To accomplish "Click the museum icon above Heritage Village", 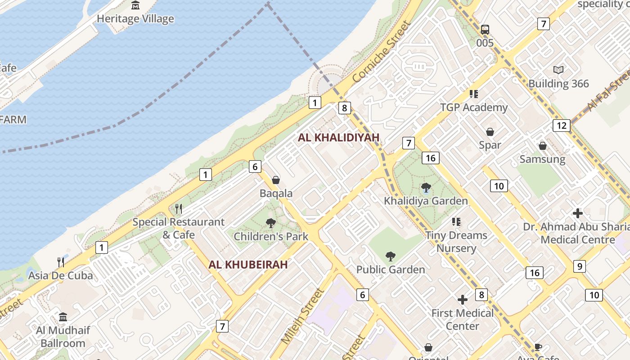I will (x=135, y=5).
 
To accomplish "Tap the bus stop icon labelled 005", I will (x=485, y=30).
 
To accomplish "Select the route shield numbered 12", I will (x=561, y=126).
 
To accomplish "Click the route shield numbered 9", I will (x=580, y=266).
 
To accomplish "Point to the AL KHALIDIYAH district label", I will (x=339, y=138).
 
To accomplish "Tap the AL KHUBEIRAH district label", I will (x=248, y=265).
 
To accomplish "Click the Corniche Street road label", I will (x=382, y=52).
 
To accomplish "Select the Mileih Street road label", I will (x=302, y=317).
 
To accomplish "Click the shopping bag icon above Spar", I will (x=490, y=132).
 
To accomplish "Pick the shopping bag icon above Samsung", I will (x=543, y=146).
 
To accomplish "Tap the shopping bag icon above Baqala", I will (x=276, y=180).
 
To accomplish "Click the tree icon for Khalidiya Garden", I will (x=426, y=188).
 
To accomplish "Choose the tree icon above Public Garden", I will (x=391, y=256).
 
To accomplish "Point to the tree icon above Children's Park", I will (x=271, y=223).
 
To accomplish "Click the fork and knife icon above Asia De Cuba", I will (x=61, y=262).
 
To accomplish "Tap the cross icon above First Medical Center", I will (x=463, y=300).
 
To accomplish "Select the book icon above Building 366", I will (x=558, y=70).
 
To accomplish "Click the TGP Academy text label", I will (x=474, y=108).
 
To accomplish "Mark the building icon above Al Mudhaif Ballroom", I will (x=63, y=317).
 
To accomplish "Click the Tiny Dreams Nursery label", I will (x=456, y=242).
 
